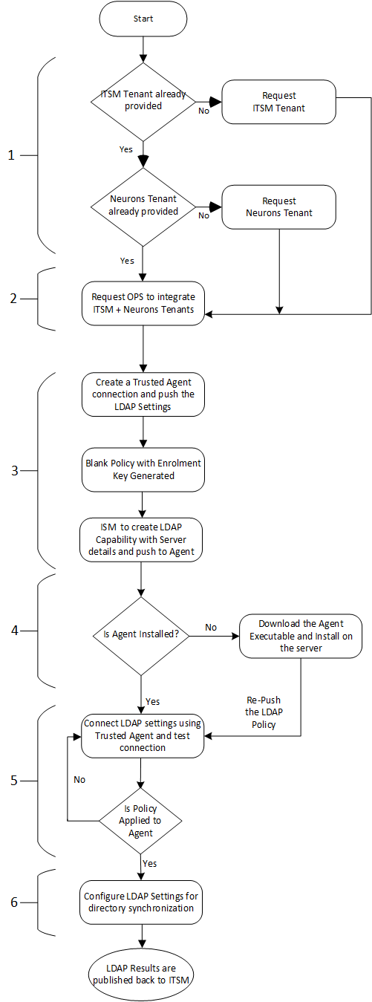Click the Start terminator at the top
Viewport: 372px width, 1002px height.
(143, 19)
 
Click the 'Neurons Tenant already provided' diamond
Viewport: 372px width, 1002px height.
(143, 206)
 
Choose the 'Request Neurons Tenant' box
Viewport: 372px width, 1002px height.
(279, 207)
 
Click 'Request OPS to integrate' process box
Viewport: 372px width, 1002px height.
(143, 304)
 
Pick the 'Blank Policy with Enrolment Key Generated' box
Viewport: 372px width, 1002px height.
(143, 469)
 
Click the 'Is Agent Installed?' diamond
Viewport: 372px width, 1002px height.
(140, 635)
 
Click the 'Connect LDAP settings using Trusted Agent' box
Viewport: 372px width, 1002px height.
(143, 735)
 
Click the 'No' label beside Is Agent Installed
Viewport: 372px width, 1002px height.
(211, 628)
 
